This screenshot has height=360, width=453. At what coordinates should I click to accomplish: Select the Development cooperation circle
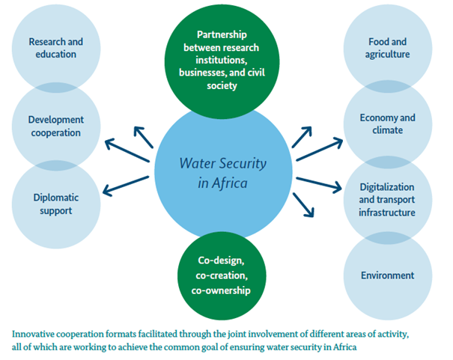(56, 126)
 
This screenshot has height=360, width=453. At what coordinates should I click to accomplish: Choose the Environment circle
(387, 275)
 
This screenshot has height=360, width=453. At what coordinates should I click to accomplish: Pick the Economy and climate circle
(387, 124)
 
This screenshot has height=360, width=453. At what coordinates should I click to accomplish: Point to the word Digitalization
(387, 187)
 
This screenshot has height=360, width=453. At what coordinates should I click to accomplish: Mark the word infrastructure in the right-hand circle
(387, 213)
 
